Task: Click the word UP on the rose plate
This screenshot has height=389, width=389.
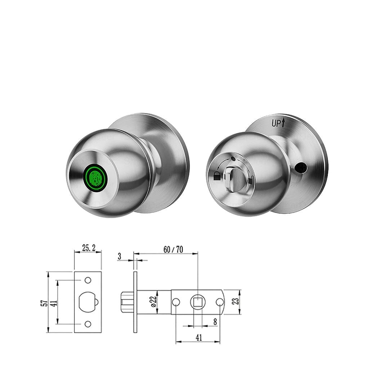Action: tap(276, 123)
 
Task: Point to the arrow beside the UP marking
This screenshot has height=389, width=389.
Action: tap(283, 122)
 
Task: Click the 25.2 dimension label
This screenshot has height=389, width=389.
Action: tap(88, 248)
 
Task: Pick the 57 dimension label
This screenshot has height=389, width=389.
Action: tap(44, 303)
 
